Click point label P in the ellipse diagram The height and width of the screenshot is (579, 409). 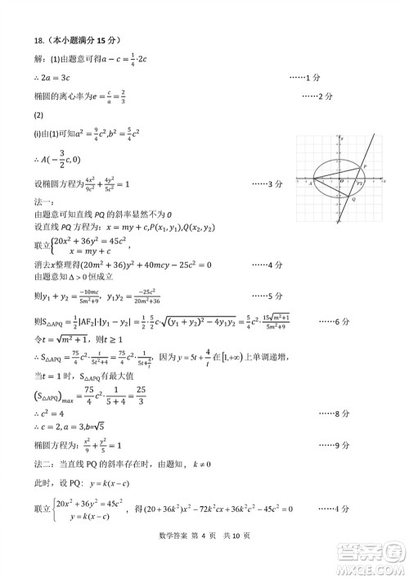pyautogui.click(x=365, y=165)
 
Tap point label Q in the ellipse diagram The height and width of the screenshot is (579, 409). pyautogui.click(x=353, y=199)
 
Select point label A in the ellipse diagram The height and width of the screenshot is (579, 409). pyautogui.click(x=310, y=183)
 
